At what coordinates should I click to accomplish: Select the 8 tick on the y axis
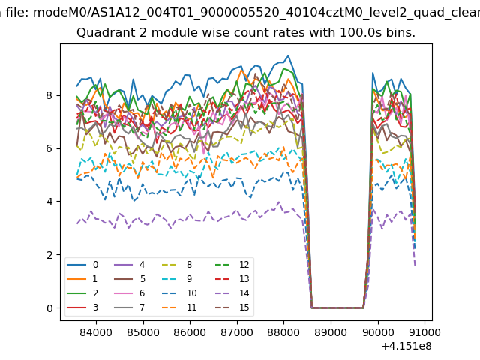tap(50, 95)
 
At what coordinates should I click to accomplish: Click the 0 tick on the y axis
tap(50, 308)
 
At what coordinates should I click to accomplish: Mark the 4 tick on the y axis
tap(50, 202)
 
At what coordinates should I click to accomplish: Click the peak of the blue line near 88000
tap(288, 55)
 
